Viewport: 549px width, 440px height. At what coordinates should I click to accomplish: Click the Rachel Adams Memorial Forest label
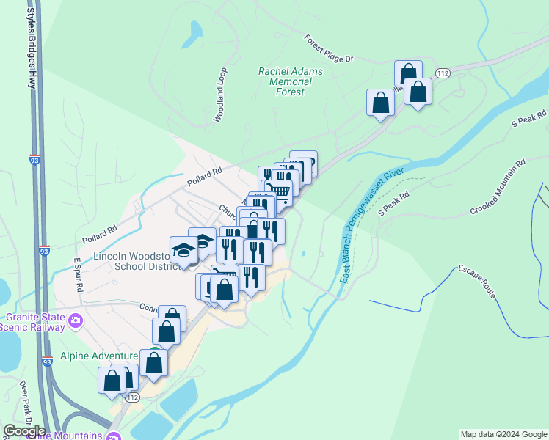[286, 81]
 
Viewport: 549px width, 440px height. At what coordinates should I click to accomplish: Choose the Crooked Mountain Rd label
[498, 188]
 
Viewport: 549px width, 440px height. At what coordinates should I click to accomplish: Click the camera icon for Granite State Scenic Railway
[74, 321]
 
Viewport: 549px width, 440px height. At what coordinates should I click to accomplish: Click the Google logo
[24, 430]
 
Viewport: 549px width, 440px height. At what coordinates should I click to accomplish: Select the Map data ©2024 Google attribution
[503, 434]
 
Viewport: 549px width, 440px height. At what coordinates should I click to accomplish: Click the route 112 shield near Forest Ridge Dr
[442, 73]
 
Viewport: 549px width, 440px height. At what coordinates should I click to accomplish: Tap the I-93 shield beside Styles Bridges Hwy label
[35, 158]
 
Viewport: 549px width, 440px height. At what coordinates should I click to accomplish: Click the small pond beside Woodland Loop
[194, 29]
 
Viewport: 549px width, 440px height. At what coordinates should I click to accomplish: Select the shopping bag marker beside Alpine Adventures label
[154, 362]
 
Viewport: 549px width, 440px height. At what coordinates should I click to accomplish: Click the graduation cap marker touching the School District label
[183, 250]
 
